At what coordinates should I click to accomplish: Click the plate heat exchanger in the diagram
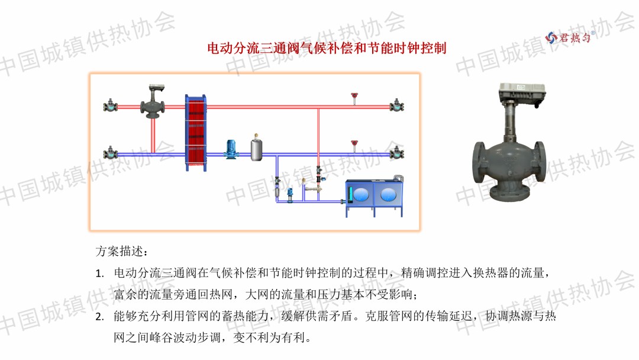tap(197, 133)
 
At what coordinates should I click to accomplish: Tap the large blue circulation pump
tap(231, 149)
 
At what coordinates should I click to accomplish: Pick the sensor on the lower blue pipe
tap(354, 145)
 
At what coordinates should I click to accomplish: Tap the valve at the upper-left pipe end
tap(110, 107)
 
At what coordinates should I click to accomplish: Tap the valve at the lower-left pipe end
tap(110, 154)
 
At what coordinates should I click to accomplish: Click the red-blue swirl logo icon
tap(551, 37)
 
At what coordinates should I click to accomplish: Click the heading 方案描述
tap(119, 250)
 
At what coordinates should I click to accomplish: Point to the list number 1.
tap(99, 274)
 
